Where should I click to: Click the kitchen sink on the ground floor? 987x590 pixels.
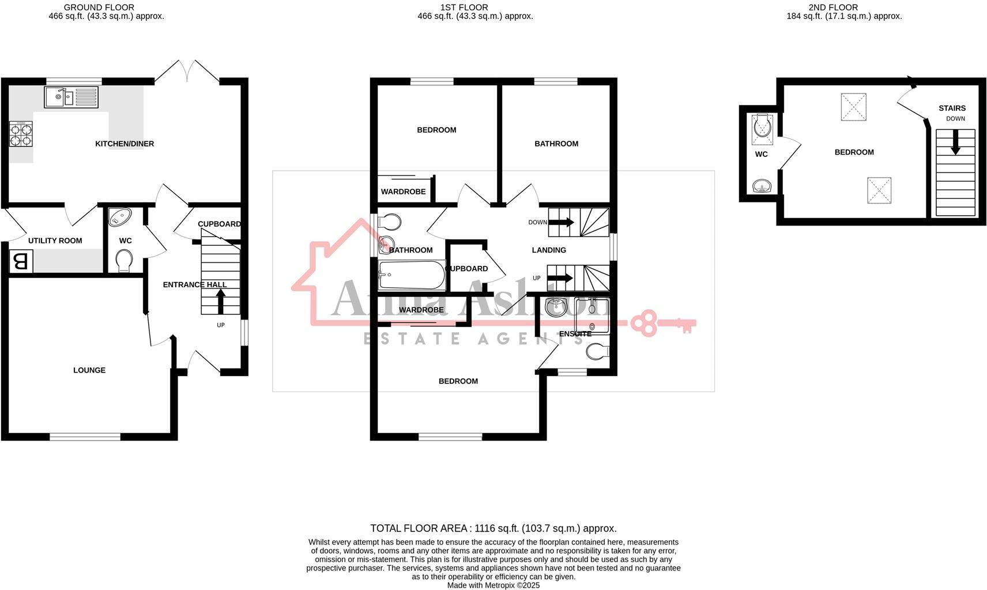tap(71, 97)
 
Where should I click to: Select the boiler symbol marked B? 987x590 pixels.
tap(21, 262)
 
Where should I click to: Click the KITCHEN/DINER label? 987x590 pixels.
tap(125, 144)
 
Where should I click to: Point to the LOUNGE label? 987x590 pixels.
tap(89, 370)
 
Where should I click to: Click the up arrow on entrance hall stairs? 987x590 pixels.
tap(220, 301)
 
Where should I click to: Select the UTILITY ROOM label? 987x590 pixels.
tap(55, 240)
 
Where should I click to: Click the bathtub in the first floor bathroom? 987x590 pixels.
tap(412, 275)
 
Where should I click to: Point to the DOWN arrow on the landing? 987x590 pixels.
tap(562, 222)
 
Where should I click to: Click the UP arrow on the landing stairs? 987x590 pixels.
tap(560, 278)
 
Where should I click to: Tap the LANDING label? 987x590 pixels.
tap(549, 250)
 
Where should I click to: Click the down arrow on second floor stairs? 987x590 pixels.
tap(955, 142)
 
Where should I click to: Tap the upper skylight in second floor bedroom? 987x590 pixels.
tap(853, 107)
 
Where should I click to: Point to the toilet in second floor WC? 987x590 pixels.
tap(763, 127)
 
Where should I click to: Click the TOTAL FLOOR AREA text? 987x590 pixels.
tap(493, 528)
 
